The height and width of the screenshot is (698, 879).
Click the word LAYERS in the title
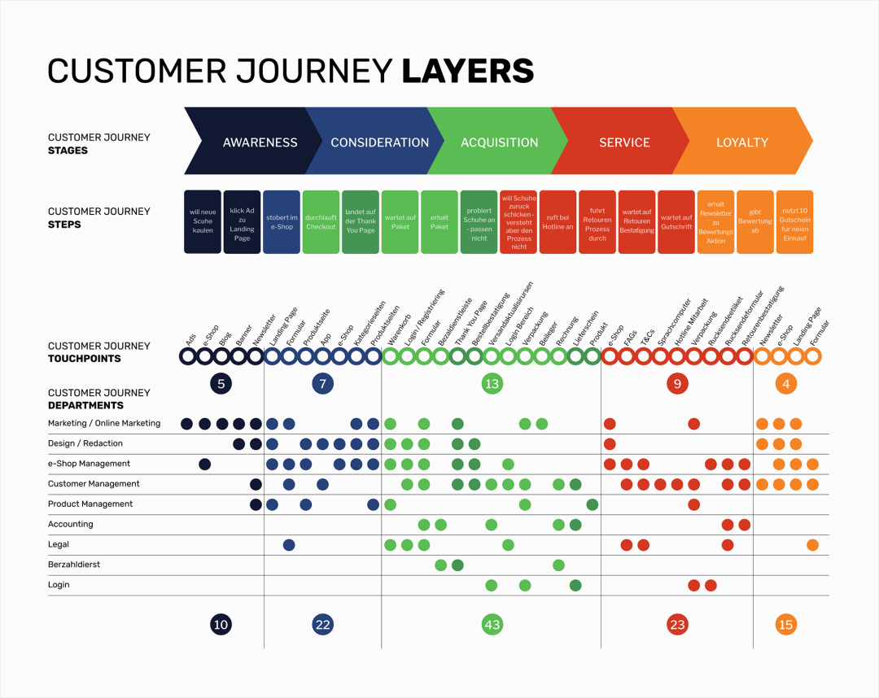point(468,72)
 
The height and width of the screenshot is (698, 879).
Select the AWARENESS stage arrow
point(260,142)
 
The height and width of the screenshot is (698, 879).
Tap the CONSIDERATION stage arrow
point(379,142)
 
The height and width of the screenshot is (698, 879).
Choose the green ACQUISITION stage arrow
point(499,142)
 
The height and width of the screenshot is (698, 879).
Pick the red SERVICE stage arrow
point(624,142)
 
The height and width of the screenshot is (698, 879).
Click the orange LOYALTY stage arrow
point(741,142)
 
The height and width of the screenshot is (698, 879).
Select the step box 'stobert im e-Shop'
point(282,222)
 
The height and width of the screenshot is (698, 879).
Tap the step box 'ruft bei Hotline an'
point(558,222)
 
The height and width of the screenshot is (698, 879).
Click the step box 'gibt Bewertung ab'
point(754,222)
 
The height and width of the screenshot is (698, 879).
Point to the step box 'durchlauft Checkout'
point(321,222)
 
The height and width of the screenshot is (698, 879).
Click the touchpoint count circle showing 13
point(492,383)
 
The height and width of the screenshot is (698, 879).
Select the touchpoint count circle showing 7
point(323,383)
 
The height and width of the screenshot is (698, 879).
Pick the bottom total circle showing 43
point(492,625)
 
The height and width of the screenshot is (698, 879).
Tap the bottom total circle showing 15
point(785,625)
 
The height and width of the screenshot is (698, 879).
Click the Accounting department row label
point(71,525)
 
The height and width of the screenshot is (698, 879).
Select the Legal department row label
point(59,545)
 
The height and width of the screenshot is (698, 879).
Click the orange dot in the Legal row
point(812,545)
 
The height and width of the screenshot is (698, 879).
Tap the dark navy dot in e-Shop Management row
point(205,465)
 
